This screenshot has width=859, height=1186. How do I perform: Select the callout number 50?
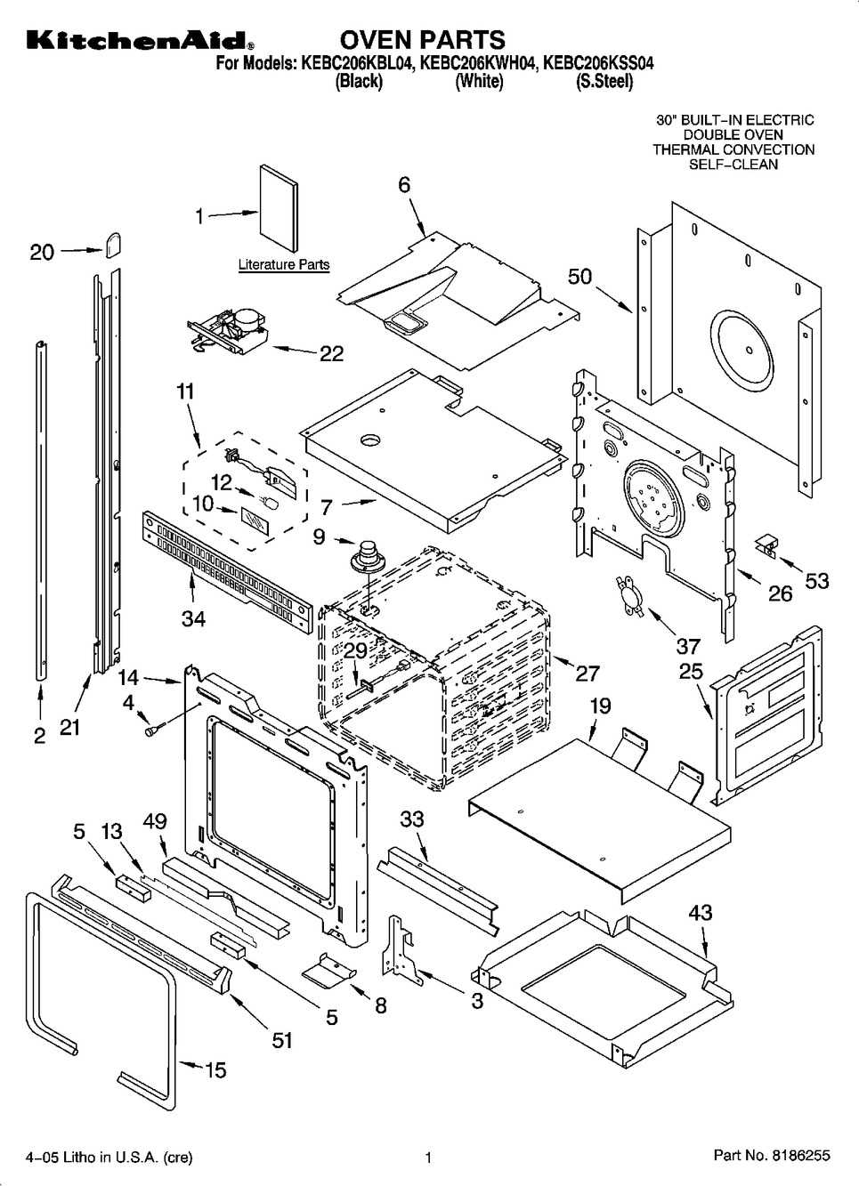click(x=579, y=277)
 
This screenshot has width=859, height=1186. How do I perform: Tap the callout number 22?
click(x=330, y=353)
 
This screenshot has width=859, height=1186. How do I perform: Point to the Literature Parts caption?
click(x=283, y=264)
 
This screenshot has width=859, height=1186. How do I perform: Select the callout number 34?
click(x=193, y=617)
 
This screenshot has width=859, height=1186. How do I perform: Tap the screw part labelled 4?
click(x=150, y=730)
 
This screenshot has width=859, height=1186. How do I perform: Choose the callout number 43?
click(x=700, y=913)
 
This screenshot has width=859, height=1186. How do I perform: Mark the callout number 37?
click(x=688, y=645)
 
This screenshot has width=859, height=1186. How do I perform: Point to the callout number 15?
click(x=215, y=1069)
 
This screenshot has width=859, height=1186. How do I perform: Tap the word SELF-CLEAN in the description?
click(x=733, y=165)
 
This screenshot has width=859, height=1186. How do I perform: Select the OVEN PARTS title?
click(x=422, y=40)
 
